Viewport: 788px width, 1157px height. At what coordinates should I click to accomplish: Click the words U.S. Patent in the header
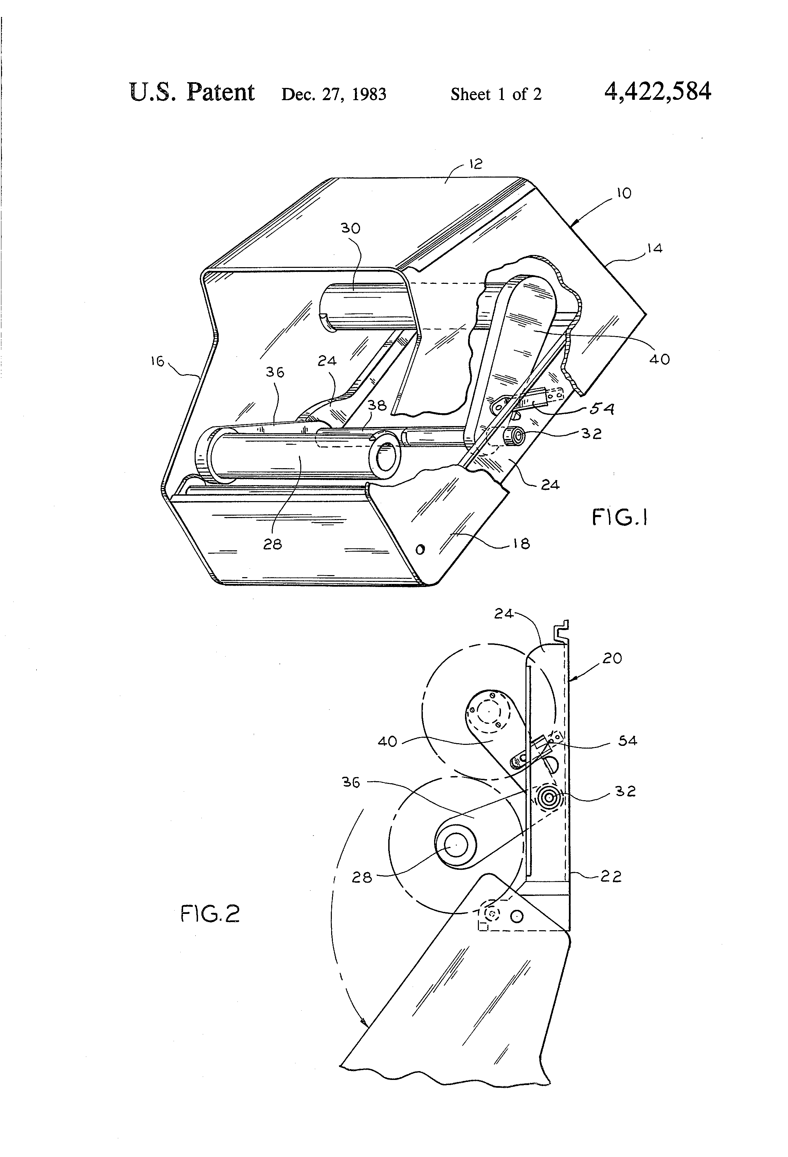pyautogui.click(x=192, y=93)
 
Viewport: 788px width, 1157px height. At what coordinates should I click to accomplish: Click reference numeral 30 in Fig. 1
pyautogui.click(x=350, y=228)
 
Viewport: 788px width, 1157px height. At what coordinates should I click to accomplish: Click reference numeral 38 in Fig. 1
pyautogui.click(x=377, y=405)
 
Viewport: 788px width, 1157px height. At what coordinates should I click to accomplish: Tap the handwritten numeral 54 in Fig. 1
pyautogui.click(x=602, y=409)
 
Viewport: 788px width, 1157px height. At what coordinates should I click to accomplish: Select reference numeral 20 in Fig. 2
pyautogui.click(x=612, y=658)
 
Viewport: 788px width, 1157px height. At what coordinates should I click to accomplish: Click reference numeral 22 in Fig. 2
pyautogui.click(x=611, y=876)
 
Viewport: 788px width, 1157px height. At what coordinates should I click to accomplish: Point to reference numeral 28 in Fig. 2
pyautogui.click(x=362, y=877)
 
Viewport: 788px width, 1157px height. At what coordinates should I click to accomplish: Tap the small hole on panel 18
pyautogui.click(x=420, y=550)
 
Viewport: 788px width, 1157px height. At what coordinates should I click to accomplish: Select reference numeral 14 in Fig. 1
pyautogui.click(x=655, y=249)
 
